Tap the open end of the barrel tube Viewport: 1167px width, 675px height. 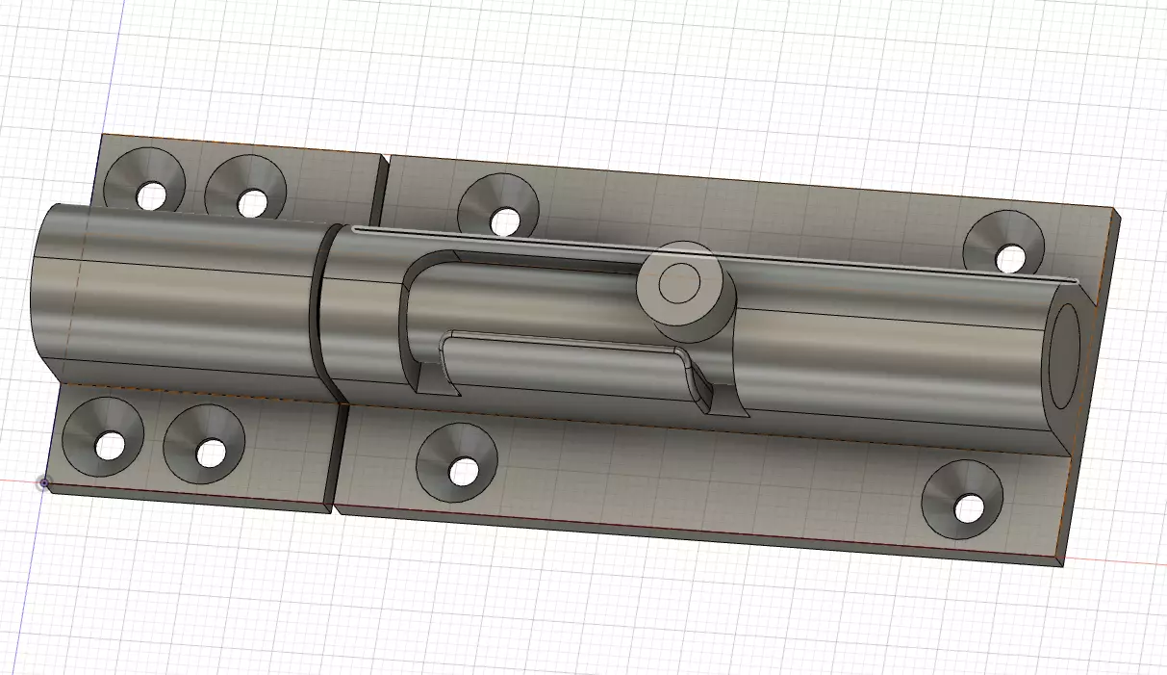[x=1065, y=356]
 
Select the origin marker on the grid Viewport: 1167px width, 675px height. [x=43, y=482]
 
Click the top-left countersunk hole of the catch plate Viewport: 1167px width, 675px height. [x=151, y=195]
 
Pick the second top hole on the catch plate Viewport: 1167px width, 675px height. [x=252, y=202]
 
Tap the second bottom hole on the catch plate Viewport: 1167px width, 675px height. [x=210, y=452]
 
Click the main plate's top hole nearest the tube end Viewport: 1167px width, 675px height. [x=1009, y=258]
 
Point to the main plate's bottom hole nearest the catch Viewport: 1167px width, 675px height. [x=464, y=471]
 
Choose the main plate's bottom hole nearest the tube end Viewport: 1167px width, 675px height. [x=969, y=507]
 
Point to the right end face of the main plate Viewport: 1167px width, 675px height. [x=1090, y=385]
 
